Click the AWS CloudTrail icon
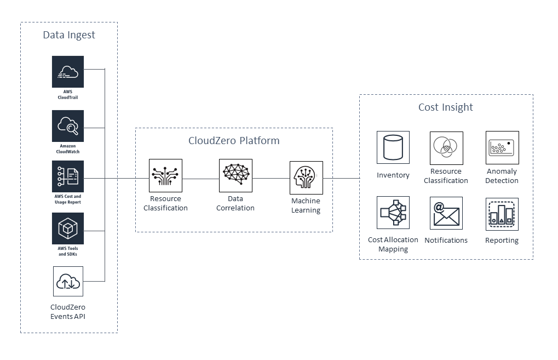[x=68, y=71]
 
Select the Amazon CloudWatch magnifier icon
[x=68, y=126]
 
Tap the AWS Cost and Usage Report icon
[x=68, y=176]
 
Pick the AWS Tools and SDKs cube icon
[x=68, y=228]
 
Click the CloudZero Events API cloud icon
[x=68, y=282]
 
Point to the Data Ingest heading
[x=69, y=35]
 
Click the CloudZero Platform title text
[x=234, y=141]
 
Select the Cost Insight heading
[x=446, y=107]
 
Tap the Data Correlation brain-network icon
[x=235, y=175]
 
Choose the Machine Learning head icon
[x=306, y=178]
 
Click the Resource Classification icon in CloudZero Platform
[x=165, y=176]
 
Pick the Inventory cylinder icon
[x=393, y=147]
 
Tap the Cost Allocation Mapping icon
[x=393, y=213]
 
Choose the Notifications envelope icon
[x=446, y=213]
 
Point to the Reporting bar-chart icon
[x=502, y=214]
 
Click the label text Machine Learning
[x=306, y=205]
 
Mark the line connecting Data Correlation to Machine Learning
[x=271, y=178]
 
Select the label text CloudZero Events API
[x=68, y=311]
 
